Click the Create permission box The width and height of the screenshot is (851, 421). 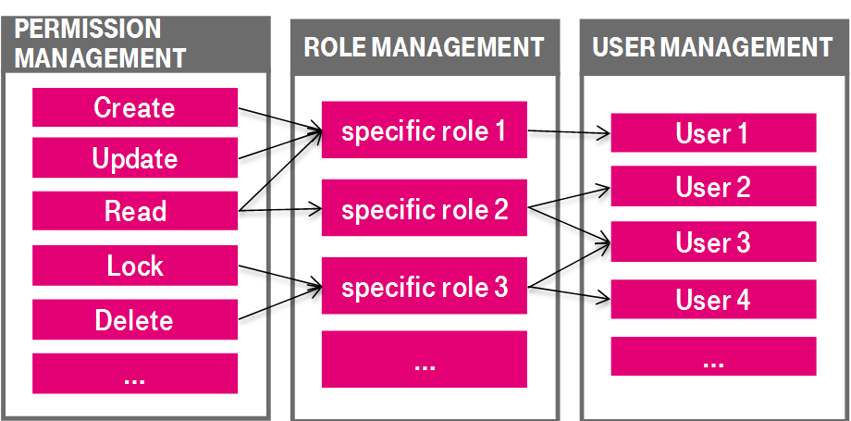135,108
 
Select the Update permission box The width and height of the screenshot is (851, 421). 135,159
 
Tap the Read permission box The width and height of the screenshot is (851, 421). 135,212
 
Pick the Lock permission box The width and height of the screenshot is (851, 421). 135,266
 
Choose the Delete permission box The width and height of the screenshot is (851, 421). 135,320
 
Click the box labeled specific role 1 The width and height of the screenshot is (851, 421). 425,132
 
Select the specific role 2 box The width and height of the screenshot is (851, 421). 425,211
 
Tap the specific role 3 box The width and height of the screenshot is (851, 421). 425,288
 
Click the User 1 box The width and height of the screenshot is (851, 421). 712,134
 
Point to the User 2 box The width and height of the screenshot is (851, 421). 712,188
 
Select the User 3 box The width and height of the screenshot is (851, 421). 712,242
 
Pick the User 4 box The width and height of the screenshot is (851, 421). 712,300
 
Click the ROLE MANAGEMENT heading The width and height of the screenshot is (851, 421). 425,46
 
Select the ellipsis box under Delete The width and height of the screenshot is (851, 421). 135,374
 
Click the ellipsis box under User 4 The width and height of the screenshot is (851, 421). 712,356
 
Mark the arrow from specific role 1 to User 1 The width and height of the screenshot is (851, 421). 569,134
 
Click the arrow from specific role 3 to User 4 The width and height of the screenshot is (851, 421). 569,293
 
